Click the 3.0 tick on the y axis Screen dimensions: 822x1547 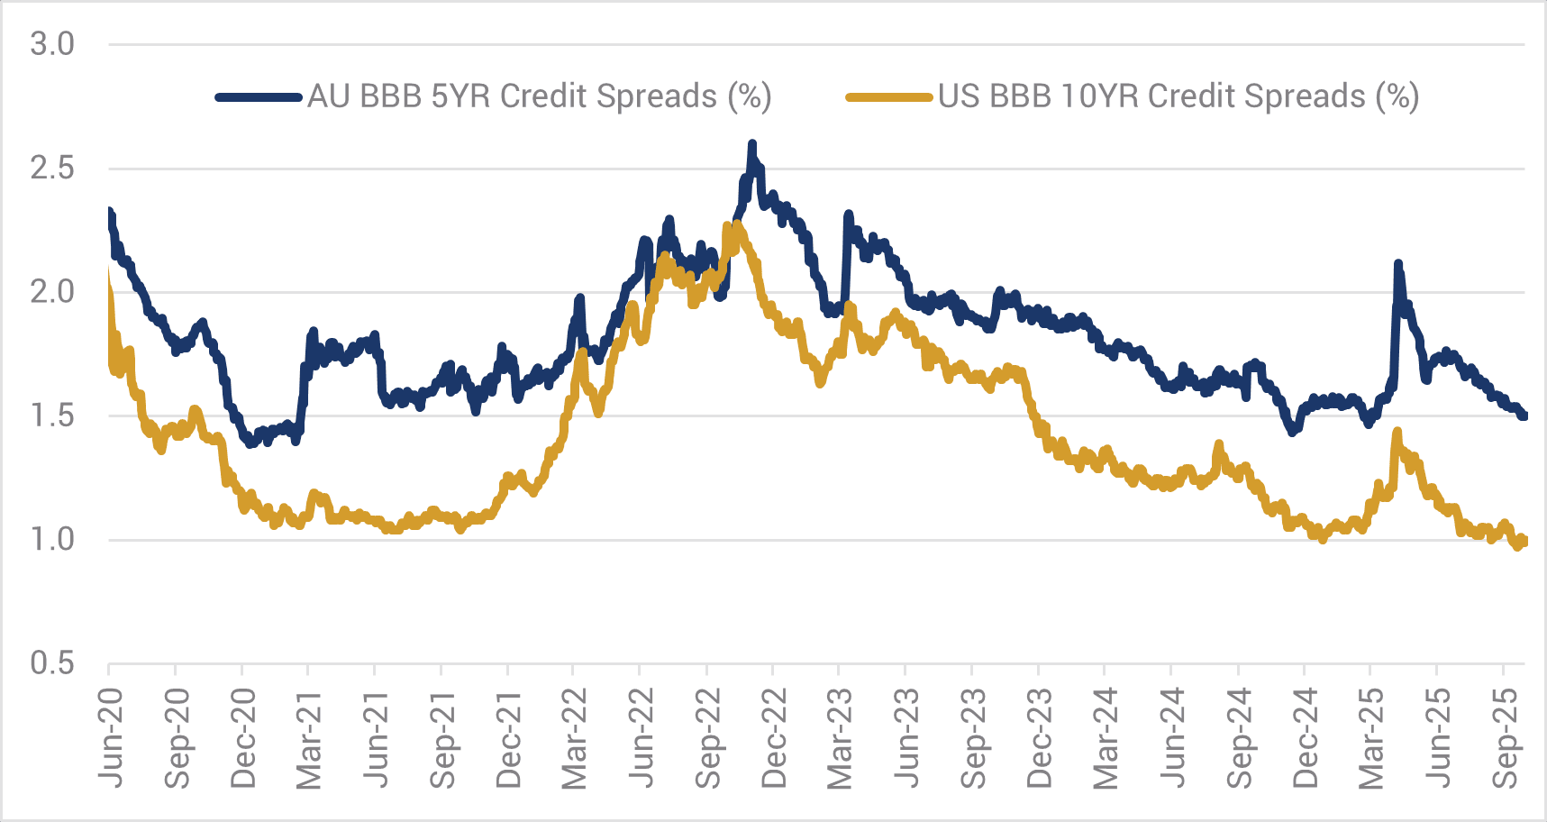52,44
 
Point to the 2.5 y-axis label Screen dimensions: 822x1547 52,169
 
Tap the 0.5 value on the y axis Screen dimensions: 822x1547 52,663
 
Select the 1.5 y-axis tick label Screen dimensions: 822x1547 52,416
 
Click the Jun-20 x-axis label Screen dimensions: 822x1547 111,737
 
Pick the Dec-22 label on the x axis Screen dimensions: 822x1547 774,737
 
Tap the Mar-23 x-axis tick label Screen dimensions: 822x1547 840,737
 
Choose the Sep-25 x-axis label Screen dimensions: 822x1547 1504,737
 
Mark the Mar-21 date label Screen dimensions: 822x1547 309,737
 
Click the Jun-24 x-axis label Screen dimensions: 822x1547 1172,737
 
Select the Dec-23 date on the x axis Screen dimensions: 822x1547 1039,737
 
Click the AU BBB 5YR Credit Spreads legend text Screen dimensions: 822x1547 539,96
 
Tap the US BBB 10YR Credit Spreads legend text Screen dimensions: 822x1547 1178,96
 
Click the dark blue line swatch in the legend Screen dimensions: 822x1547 259,96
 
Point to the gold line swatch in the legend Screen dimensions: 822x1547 888,96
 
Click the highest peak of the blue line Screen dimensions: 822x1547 752,144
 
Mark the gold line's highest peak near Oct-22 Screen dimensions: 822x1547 737,224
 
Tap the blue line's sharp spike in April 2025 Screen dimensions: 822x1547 1397,264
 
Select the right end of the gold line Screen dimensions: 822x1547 1523,541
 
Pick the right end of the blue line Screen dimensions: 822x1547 1524,416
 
